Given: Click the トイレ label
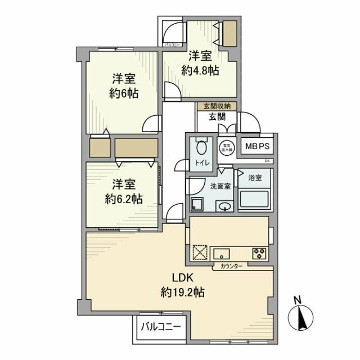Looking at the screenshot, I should [x=202, y=163].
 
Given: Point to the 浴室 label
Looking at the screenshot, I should [x=255, y=178].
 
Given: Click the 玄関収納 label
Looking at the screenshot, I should [x=217, y=106].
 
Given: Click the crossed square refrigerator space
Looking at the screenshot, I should [x=201, y=253].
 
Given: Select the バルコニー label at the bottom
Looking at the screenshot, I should [x=161, y=326].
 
